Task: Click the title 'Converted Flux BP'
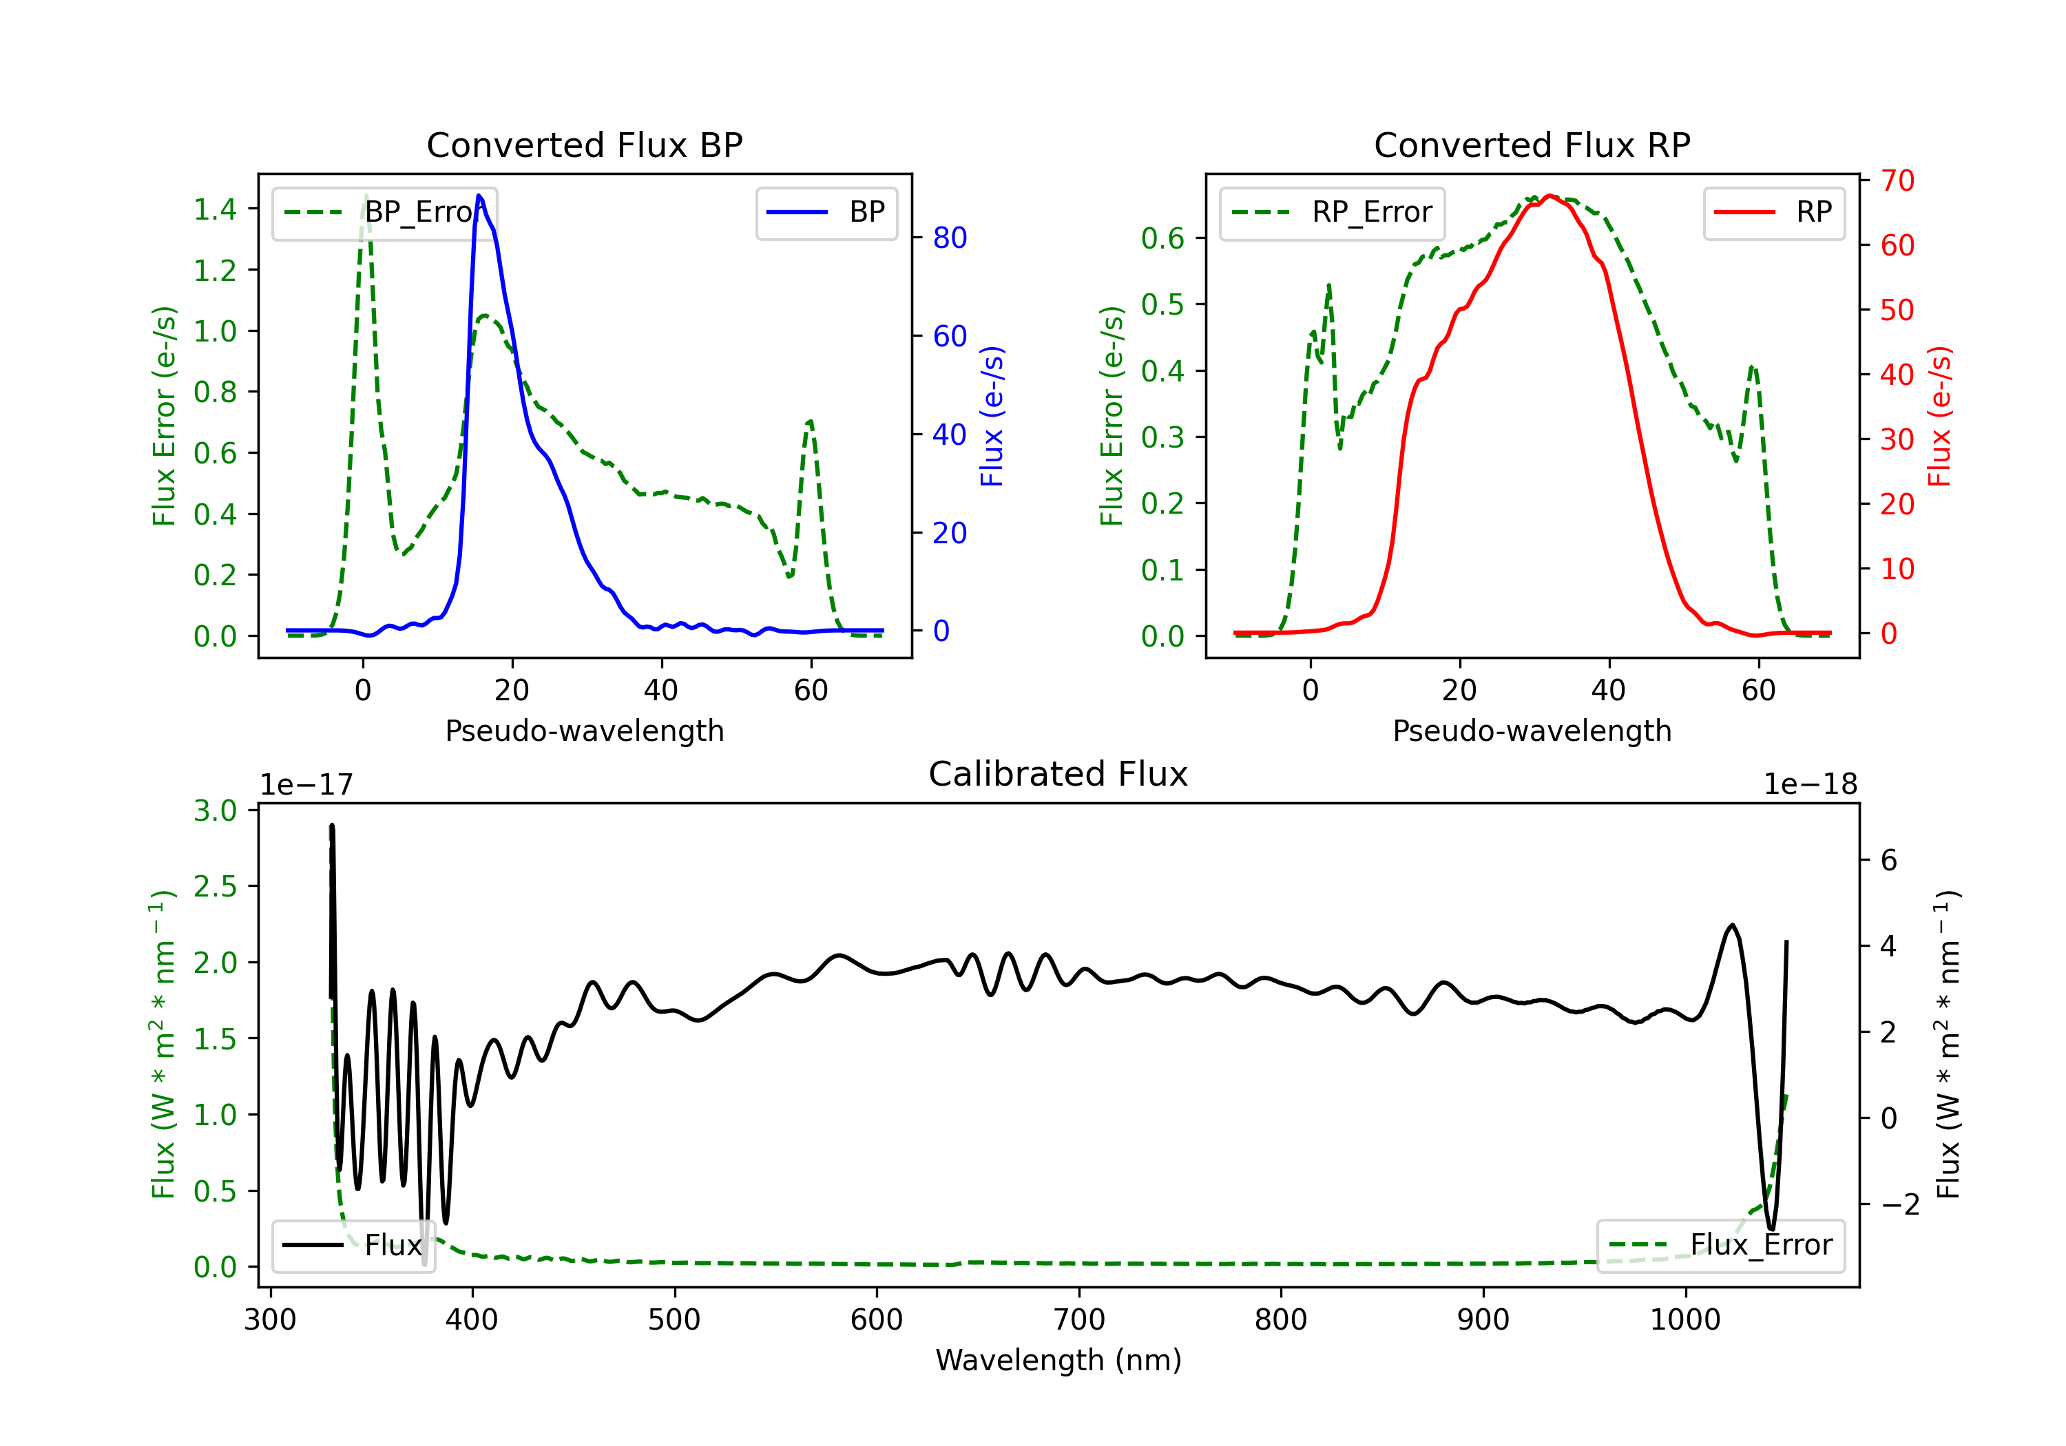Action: click(x=584, y=145)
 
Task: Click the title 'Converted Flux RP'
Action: click(x=1532, y=145)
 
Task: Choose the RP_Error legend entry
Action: click(x=1332, y=212)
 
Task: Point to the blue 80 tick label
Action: click(x=949, y=238)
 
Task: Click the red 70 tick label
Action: click(x=1897, y=181)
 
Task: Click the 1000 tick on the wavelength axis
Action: click(x=1684, y=1320)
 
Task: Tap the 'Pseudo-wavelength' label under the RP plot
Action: click(x=1532, y=731)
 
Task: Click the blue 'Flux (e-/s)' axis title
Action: click(x=992, y=416)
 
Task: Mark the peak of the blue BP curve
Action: click(x=479, y=196)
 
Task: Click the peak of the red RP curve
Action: click(x=1549, y=196)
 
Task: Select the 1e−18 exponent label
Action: click(x=1810, y=785)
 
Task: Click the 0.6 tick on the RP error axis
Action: click(x=1162, y=238)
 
